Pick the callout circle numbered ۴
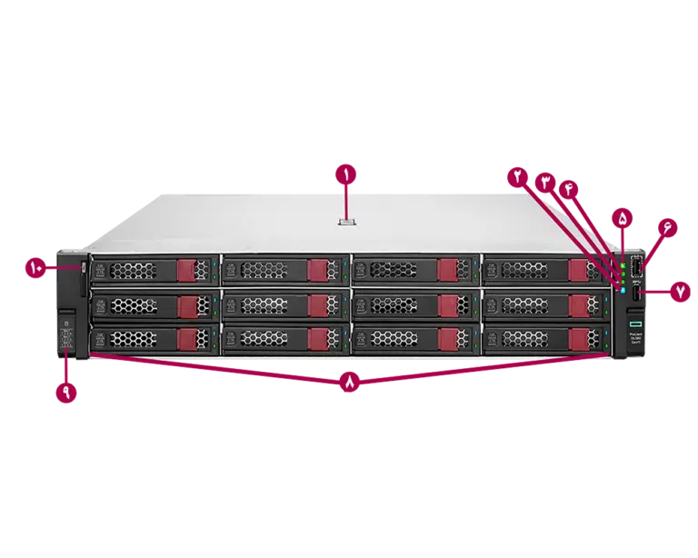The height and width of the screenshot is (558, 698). click(x=571, y=188)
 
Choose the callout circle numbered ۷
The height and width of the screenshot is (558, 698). click(x=680, y=292)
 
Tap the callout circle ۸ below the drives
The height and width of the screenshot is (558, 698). click(x=351, y=384)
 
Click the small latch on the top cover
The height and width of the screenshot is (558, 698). click(x=345, y=221)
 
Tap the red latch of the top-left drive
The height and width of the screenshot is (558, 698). click(x=187, y=270)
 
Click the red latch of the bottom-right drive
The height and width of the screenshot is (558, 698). click(x=578, y=339)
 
